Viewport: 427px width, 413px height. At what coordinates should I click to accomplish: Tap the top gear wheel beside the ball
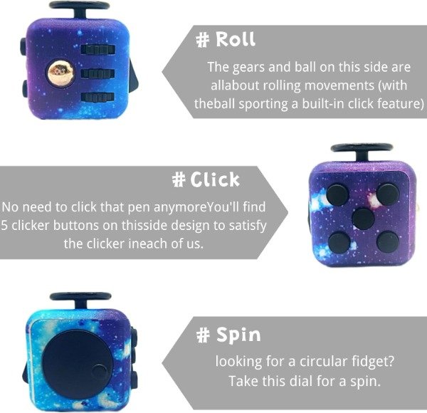point(97,50)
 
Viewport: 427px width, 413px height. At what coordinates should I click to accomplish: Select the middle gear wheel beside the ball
point(97,73)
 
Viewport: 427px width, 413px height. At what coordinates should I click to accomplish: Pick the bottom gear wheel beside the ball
point(97,98)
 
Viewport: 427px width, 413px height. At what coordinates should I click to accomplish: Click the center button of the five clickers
point(363,219)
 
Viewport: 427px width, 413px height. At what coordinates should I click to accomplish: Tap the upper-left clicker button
point(337,195)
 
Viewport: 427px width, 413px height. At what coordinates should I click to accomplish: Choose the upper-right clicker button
point(388,194)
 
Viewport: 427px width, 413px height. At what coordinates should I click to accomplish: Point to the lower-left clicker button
point(339,242)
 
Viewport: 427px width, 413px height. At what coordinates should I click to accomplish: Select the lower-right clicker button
point(388,241)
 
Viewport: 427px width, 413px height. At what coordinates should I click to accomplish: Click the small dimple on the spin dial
point(100,373)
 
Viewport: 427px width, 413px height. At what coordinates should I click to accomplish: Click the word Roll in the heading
point(236,39)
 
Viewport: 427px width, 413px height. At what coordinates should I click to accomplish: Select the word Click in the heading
point(215,179)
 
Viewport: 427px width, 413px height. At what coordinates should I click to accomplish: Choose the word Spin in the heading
point(238,335)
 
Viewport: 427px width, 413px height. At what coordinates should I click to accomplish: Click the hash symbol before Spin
point(203,335)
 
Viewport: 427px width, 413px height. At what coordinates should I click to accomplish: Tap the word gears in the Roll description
point(248,68)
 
